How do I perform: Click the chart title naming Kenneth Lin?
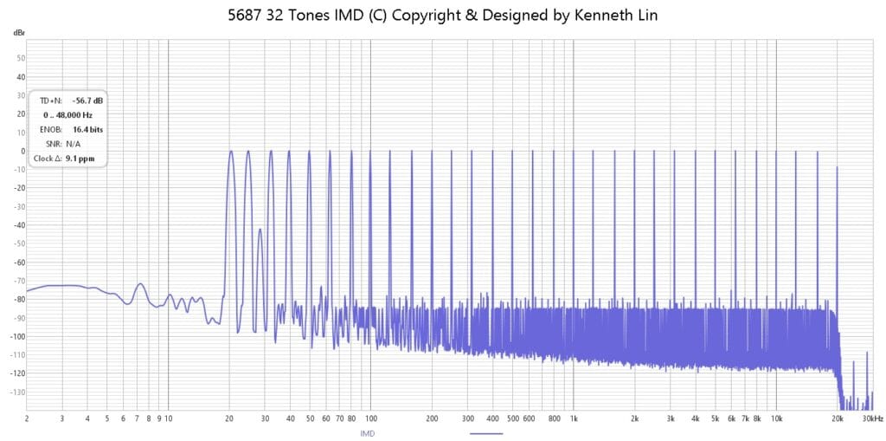(x=442, y=16)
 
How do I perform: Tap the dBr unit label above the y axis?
(x=19, y=34)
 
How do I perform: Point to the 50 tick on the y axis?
(x=21, y=58)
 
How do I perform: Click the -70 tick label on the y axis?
(x=20, y=281)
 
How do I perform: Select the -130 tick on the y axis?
(x=19, y=392)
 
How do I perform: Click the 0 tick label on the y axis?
(x=23, y=151)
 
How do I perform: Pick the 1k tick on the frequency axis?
(x=574, y=419)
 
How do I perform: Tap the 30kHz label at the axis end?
(x=873, y=419)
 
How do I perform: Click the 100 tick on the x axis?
(x=370, y=419)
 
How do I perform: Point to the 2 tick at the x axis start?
(x=27, y=419)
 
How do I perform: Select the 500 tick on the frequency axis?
(x=512, y=419)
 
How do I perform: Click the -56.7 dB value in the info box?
(x=87, y=101)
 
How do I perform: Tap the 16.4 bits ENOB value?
(x=87, y=130)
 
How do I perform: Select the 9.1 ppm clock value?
(x=80, y=159)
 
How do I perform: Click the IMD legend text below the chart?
(x=367, y=434)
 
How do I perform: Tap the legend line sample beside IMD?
(x=486, y=434)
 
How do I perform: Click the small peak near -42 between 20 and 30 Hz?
(x=260, y=229)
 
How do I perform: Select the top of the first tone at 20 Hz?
(x=230, y=151)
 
